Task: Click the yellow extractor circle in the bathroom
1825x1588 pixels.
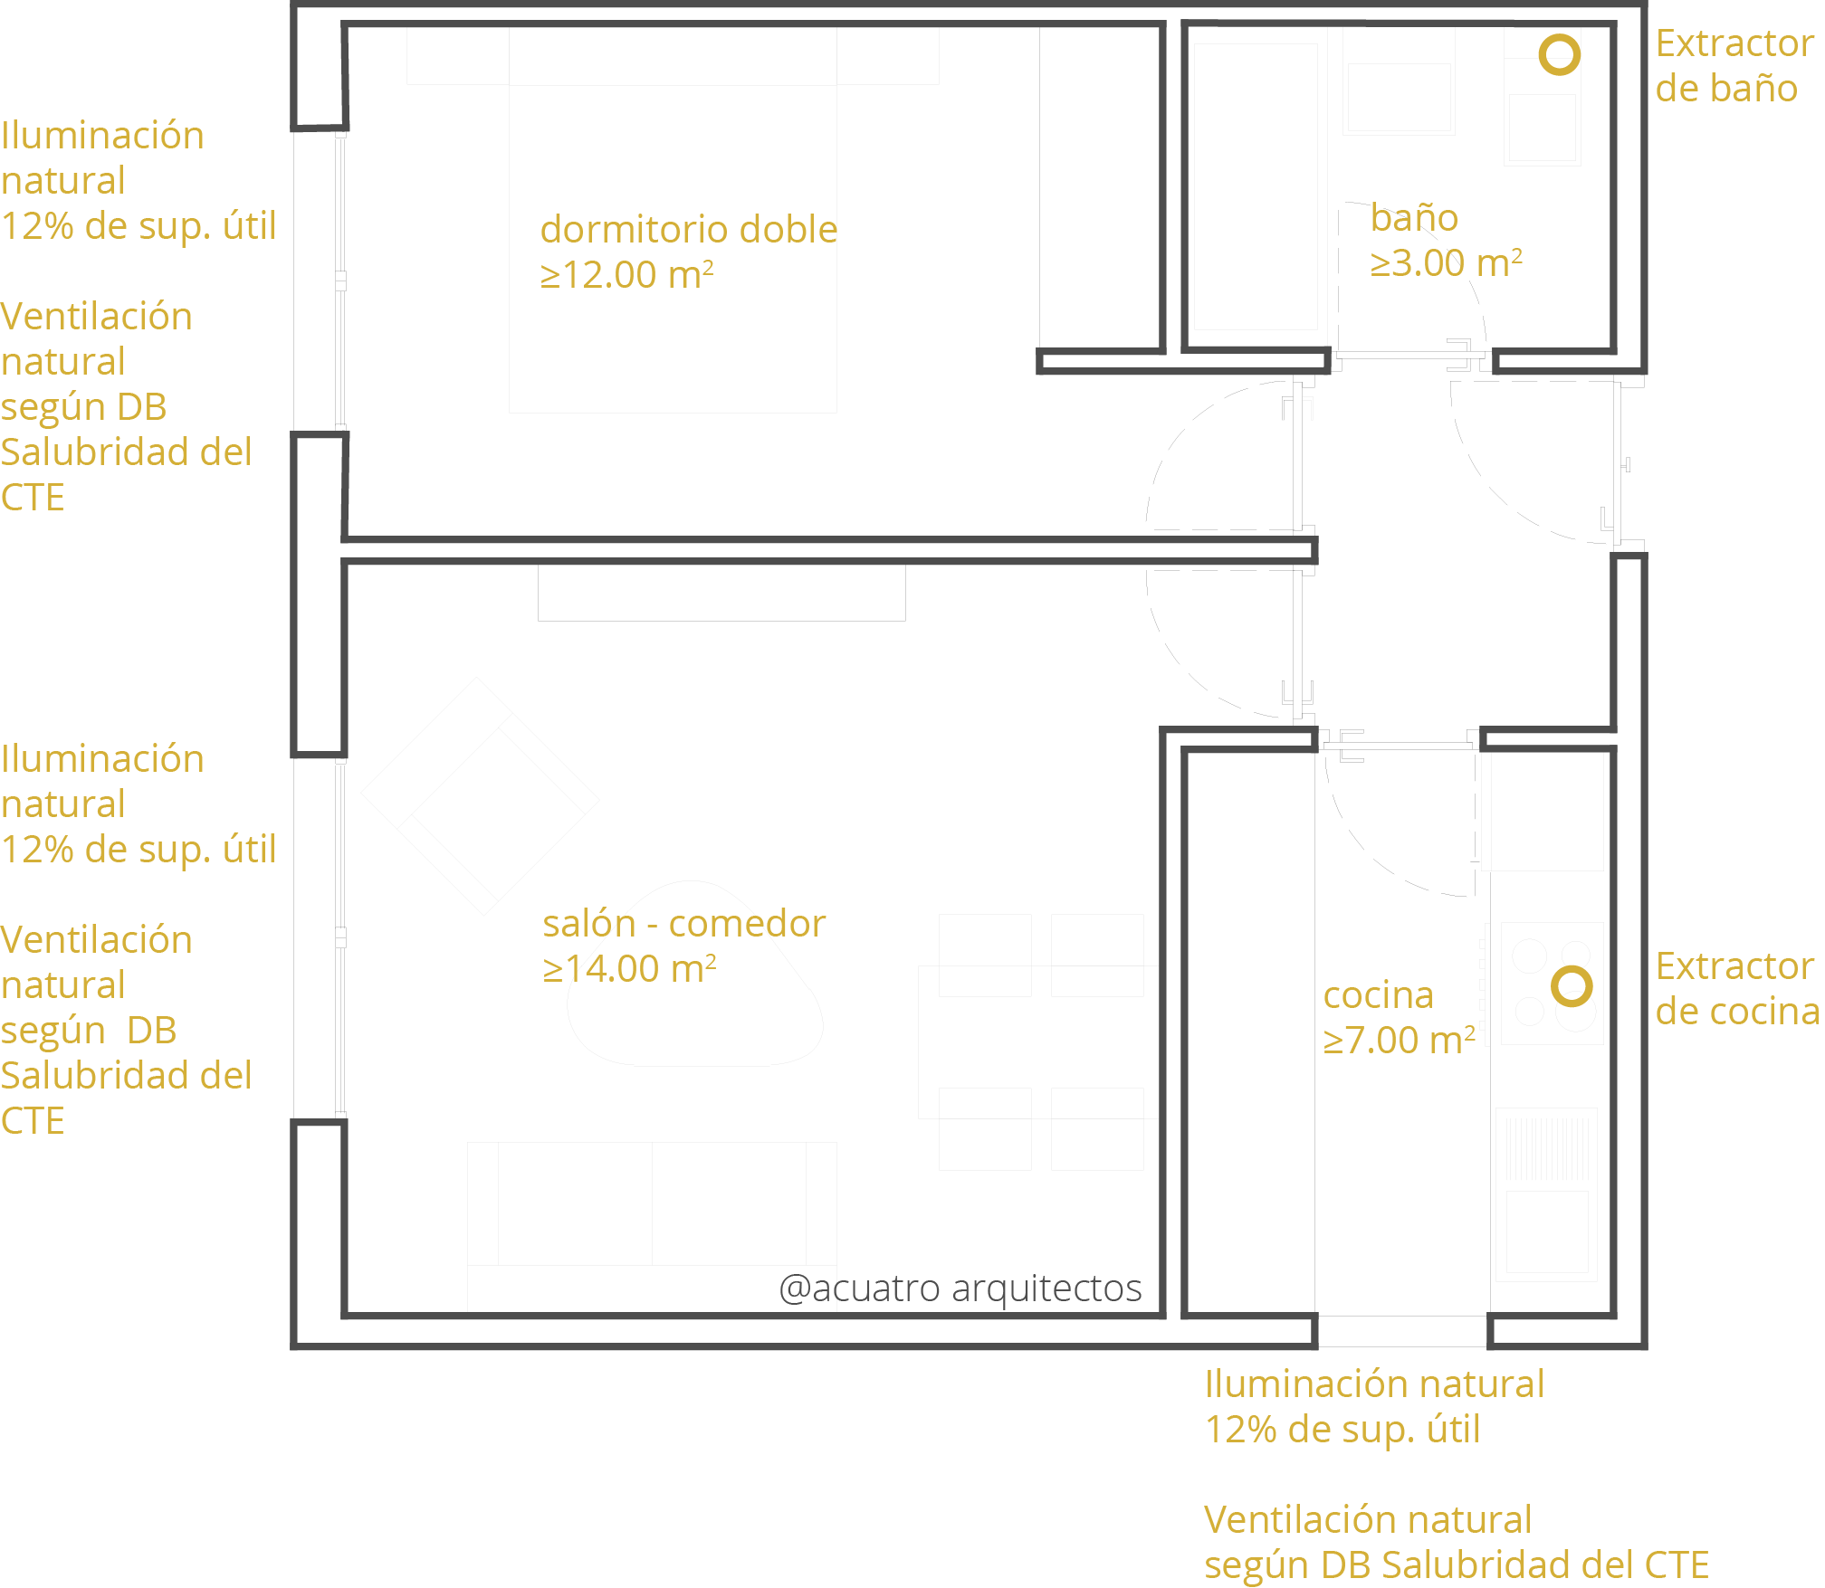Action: (x=1561, y=36)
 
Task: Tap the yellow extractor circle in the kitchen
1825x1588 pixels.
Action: (x=1572, y=967)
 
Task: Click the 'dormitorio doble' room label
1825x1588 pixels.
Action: (x=689, y=230)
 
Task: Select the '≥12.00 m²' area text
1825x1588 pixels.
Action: (x=627, y=275)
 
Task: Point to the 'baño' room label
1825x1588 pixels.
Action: (x=1414, y=217)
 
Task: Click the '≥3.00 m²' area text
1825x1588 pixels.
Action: (x=1446, y=263)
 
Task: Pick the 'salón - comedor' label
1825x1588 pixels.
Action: (x=684, y=924)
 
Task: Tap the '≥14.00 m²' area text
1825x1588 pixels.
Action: (x=630, y=969)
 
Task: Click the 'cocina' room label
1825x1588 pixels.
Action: (x=1378, y=995)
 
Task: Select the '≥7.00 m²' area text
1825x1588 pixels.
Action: (x=1400, y=1041)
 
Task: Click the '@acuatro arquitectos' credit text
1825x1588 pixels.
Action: (x=960, y=1288)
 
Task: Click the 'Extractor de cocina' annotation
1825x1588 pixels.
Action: (x=1738, y=989)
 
